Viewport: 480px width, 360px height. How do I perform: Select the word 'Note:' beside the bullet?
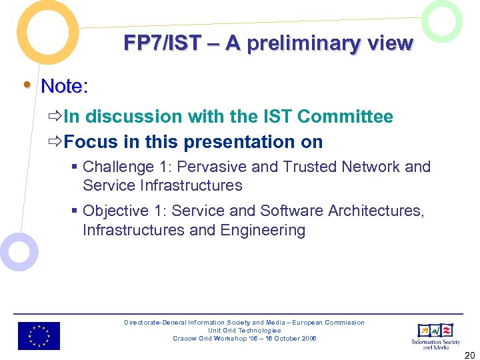(x=65, y=86)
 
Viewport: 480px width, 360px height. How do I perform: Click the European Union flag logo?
(x=39, y=336)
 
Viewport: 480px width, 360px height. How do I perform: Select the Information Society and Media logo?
(x=435, y=335)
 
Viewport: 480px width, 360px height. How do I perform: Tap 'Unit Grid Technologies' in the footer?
(x=244, y=331)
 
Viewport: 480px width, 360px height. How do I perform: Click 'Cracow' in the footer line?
(x=183, y=339)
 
